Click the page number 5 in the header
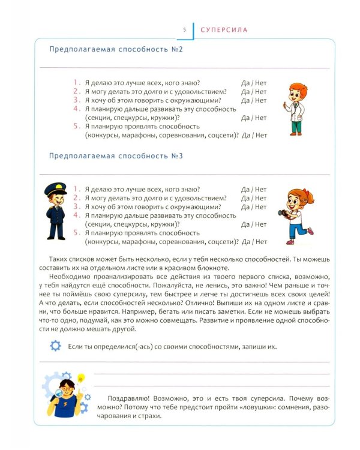coord(184,29)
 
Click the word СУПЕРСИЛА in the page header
coord(224,29)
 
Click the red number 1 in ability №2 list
coord(76,82)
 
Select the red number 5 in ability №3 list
coord(76,233)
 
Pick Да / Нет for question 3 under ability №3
coord(254,207)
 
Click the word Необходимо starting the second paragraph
coord(73,270)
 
